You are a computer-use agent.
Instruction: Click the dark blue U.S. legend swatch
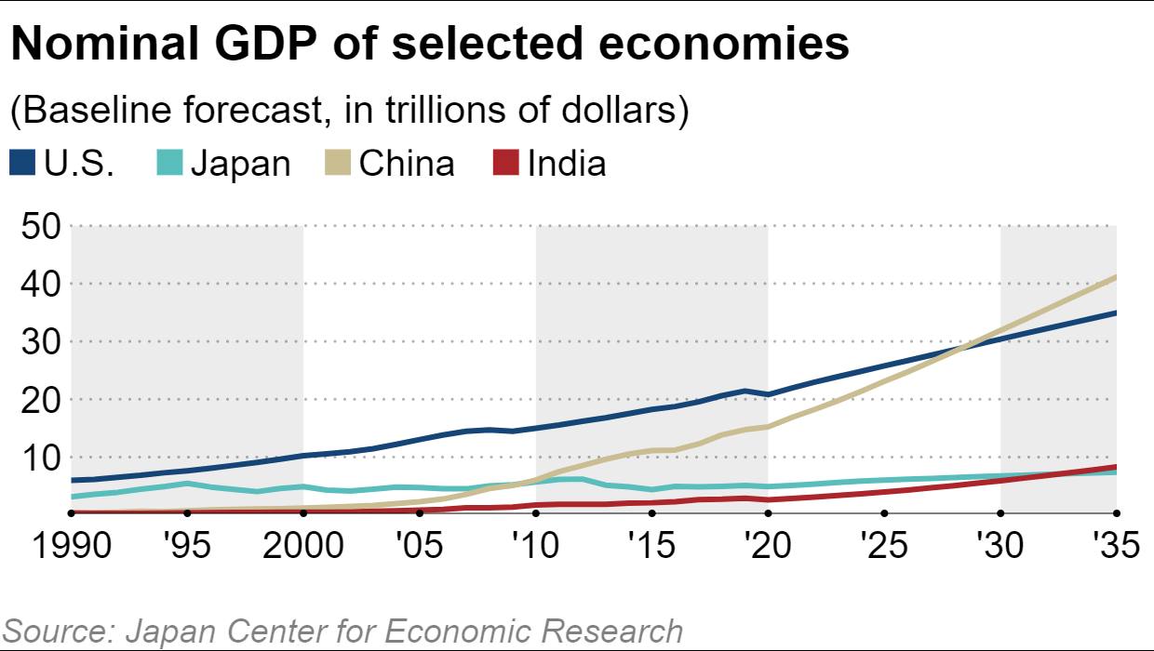(21, 165)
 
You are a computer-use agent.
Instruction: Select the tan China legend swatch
(337, 165)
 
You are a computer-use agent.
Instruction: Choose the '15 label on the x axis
(651, 546)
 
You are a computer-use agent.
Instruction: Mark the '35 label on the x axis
(1116, 546)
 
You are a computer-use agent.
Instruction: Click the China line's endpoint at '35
(1115, 276)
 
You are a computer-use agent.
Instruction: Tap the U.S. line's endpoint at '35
(1115, 313)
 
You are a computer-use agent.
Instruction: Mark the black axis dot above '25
(884, 512)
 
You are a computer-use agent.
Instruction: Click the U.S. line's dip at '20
(768, 394)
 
